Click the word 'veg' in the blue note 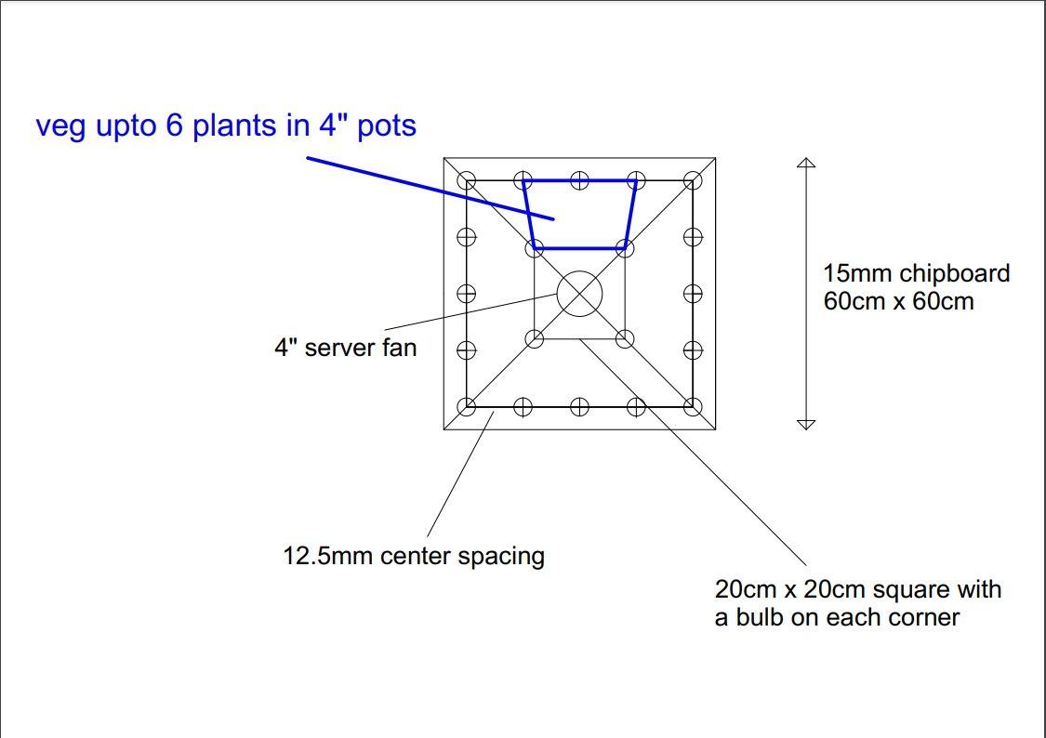pos(60,126)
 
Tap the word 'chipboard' pos(955,274)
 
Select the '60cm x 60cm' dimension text pos(898,301)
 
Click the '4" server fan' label pos(346,348)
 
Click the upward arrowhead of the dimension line pos(806,163)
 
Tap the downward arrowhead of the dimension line pos(806,425)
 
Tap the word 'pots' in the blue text pos(387,126)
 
